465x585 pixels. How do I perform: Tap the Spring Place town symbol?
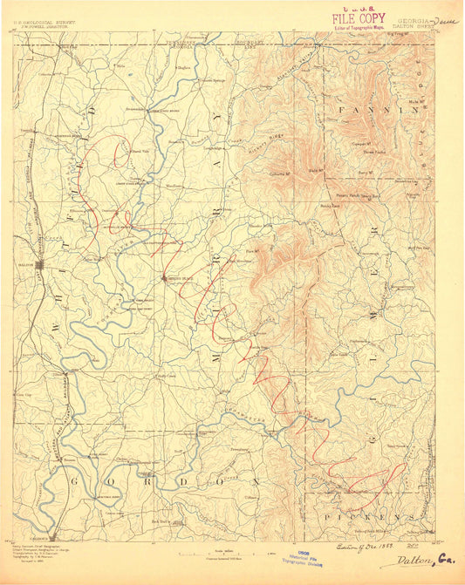point(165,279)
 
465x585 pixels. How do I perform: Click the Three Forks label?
point(375,151)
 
